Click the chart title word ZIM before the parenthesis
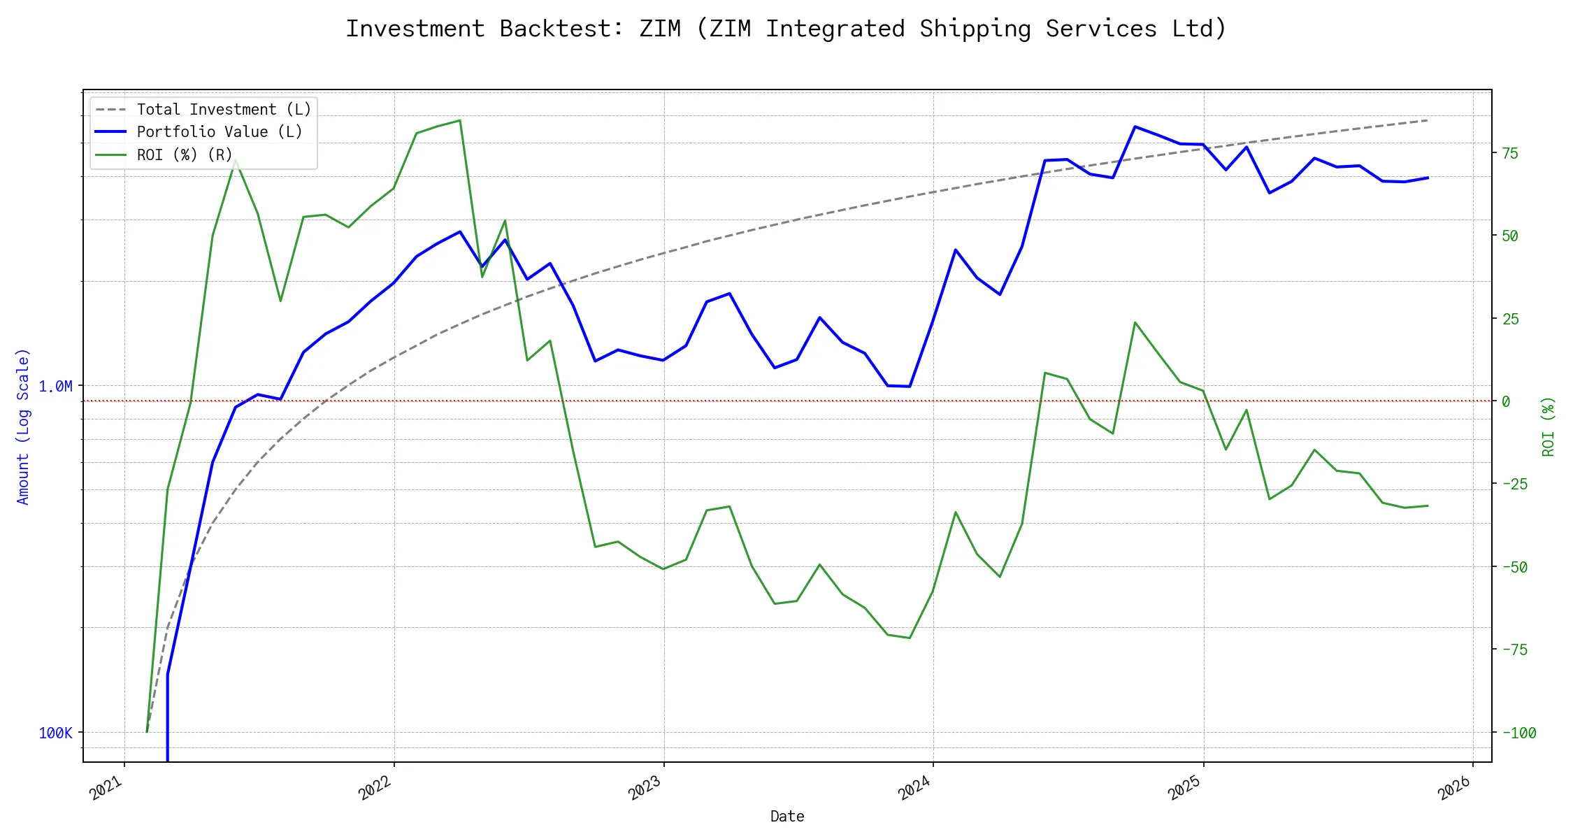coord(659,29)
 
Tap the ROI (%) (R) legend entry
coord(184,155)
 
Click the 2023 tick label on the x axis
coord(645,788)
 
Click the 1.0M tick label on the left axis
coord(55,387)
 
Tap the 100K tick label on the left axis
coord(55,733)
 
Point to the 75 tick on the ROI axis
coord(1510,153)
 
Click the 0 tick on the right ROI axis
coord(1506,401)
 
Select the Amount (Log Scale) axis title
coord(23,426)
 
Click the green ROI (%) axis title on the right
coord(1548,426)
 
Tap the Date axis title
coord(786,816)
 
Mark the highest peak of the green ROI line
coord(459,120)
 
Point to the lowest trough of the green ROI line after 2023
coord(909,638)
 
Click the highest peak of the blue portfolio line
coord(1135,127)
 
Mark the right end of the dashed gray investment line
coord(1428,120)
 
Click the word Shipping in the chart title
coord(975,29)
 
